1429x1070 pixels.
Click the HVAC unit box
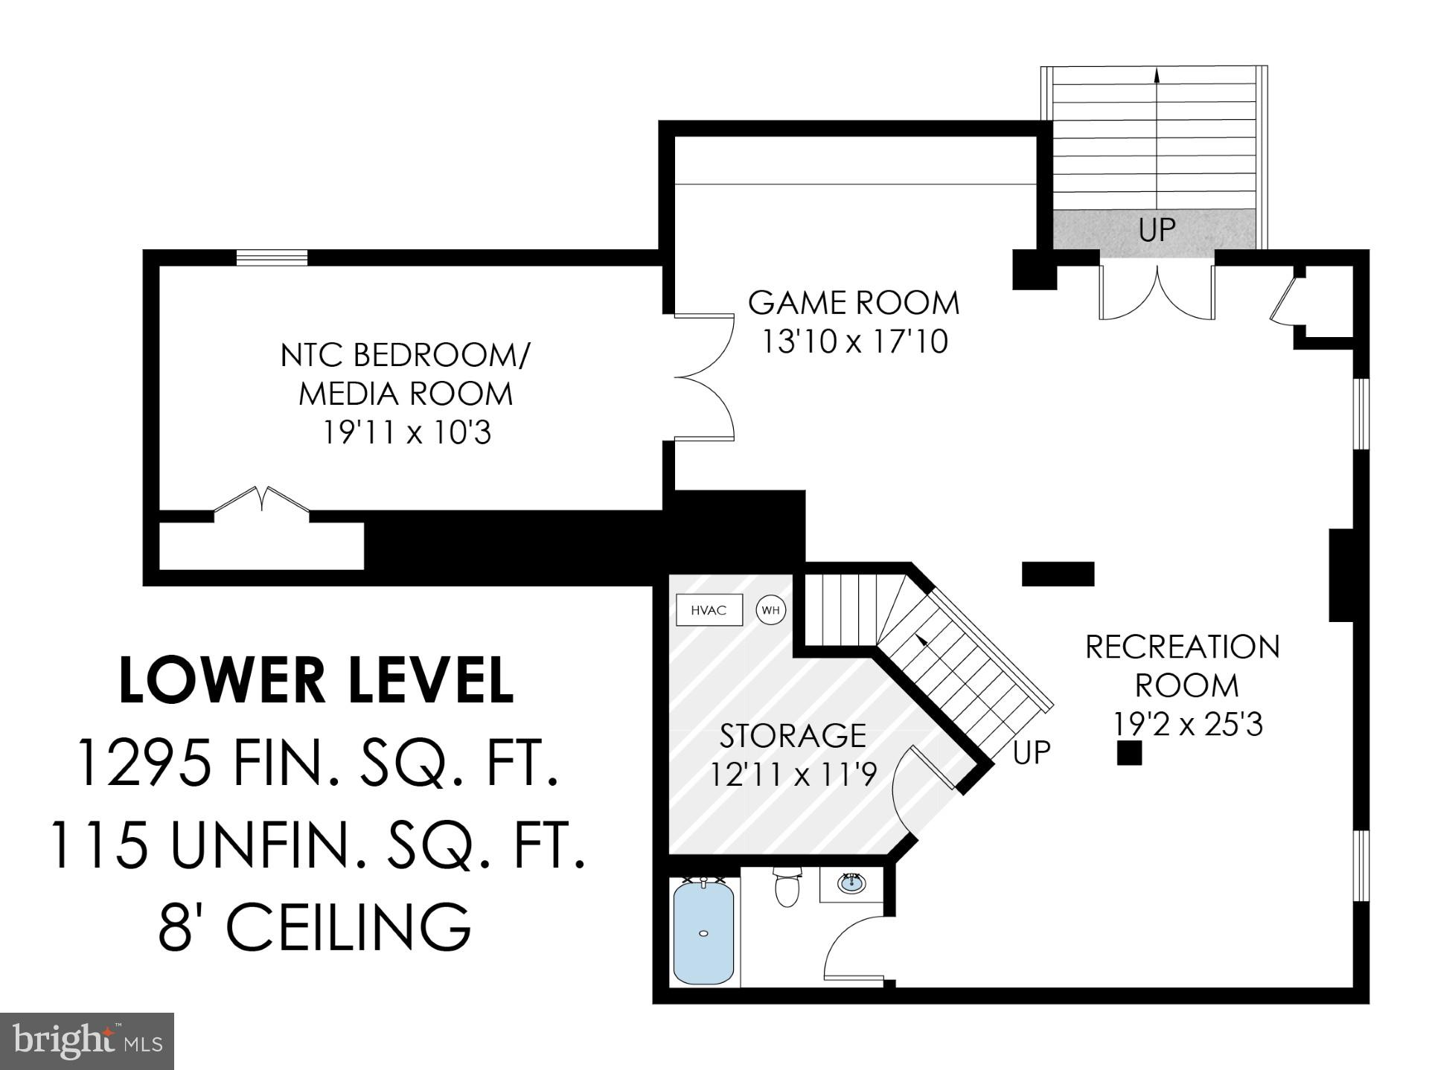(709, 610)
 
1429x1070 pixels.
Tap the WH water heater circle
(770, 610)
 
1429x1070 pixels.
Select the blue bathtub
(703, 932)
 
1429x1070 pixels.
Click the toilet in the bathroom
(786, 888)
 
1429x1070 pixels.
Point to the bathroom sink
(851, 883)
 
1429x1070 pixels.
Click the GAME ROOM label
(854, 303)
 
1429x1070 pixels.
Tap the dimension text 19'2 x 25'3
(1188, 724)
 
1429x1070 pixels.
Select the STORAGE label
(793, 736)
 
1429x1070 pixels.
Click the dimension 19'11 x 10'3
(406, 432)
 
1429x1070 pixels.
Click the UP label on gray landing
(1157, 231)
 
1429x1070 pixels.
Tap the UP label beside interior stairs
(1032, 753)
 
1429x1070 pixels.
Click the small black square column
(1129, 753)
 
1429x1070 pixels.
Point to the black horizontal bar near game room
(1058, 574)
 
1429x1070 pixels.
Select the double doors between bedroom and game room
(705, 378)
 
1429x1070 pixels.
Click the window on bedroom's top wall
(272, 257)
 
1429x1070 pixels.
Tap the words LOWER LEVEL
(316, 680)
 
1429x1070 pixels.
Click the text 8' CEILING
(315, 927)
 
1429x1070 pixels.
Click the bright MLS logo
(87, 1040)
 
